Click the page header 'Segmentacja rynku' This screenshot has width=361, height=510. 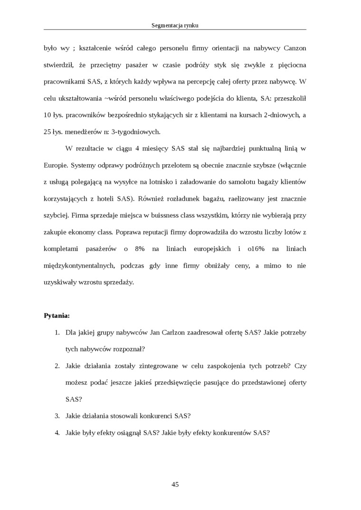click(x=175, y=25)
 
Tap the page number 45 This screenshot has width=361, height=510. click(x=175, y=484)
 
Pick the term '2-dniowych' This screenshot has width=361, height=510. click(x=280, y=115)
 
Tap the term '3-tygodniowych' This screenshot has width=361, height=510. click(x=140, y=131)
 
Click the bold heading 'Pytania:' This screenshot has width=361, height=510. click(x=57, y=315)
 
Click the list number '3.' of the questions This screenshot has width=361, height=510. click(x=57, y=416)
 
